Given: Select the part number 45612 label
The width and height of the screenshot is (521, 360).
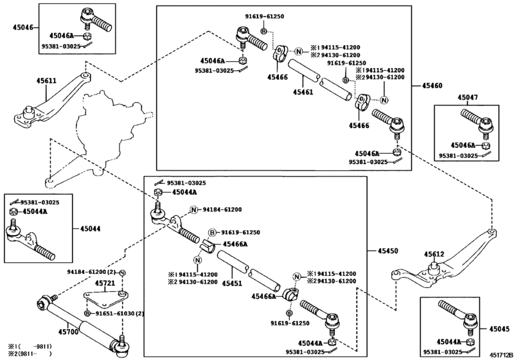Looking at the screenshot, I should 434,255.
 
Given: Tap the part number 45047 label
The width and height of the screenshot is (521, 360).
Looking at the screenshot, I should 467,97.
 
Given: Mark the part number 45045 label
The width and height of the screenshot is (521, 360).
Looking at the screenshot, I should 500,328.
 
